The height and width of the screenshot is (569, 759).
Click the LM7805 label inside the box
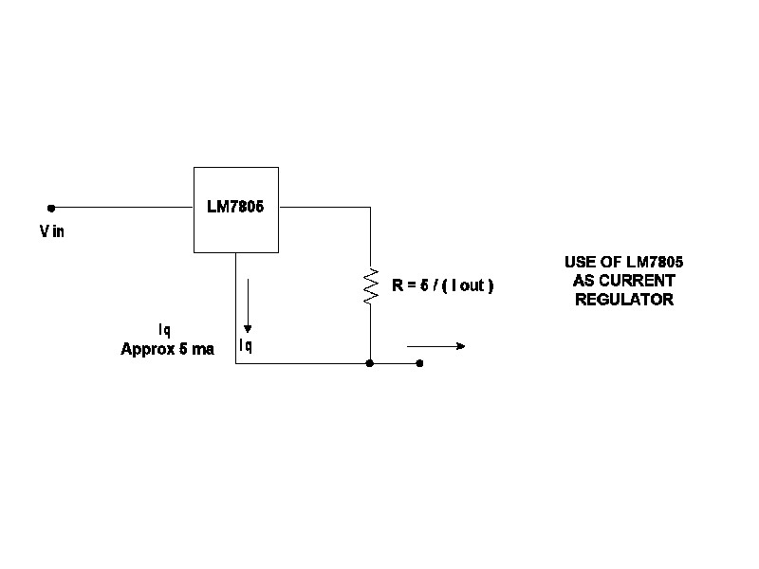click(235, 207)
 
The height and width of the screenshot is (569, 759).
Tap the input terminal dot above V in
click(51, 208)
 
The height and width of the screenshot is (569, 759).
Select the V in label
click(52, 231)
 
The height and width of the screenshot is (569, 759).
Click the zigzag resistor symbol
click(371, 286)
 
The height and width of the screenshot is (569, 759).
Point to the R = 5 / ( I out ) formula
click(442, 285)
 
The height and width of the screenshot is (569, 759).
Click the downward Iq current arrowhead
click(248, 329)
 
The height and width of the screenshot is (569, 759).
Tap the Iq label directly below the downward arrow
click(246, 345)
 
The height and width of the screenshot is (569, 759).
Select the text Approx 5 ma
click(168, 349)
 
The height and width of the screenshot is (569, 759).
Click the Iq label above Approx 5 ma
click(164, 330)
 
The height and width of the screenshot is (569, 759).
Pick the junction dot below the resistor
click(370, 363)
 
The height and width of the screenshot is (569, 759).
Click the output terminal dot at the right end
click(419, 363)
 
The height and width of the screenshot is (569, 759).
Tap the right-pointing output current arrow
click(435, 346)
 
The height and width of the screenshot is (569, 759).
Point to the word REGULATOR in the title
click(624, 300)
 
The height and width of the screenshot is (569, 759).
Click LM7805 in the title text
click(655, 262)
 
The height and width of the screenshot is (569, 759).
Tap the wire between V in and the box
click(122, 208)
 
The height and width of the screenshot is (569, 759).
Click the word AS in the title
click(583, 281)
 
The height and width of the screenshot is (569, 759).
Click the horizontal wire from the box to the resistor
click(324, 207)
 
